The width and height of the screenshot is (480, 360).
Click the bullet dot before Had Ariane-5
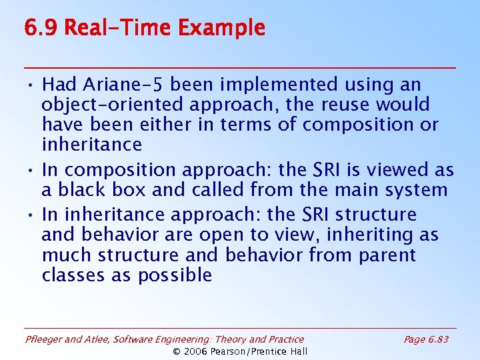pyautogui.click(x=32, y=85)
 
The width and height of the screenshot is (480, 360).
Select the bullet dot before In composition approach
pyautogui.click(x=32, y=171)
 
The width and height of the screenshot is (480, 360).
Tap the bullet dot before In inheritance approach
pyautogui.click(x=32, y=215)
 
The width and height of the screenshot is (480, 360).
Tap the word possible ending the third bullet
pyautogui.click(x=175, y=275)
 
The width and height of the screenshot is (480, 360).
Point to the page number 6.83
pyautogui.click(x=438, y=339)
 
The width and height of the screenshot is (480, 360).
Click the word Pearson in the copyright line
pyautogui.click(x=233, y=351)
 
